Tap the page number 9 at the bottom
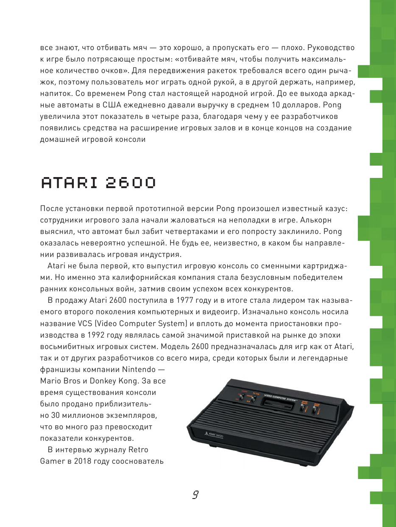coord(195,495)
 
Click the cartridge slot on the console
coord(276,404)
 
